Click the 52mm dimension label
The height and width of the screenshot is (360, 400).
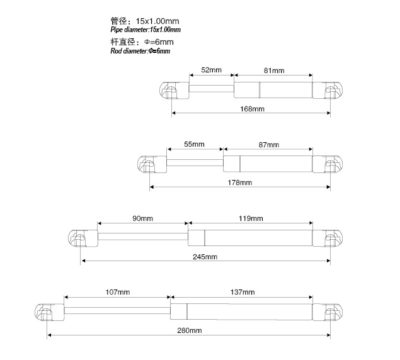click(211, 70)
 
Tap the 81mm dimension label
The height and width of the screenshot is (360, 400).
click(274, 70)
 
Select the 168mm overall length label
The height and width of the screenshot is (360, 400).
click(252, 109)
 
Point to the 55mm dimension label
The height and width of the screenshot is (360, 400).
click(194, 144)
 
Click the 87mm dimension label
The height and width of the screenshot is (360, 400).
click(268, 145)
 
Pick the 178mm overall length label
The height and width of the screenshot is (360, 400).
click(240, 183)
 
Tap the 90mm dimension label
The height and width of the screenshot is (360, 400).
click(142, 218)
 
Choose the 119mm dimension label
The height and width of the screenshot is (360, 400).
click(251, 218)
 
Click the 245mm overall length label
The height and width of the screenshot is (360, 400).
click(205, 257)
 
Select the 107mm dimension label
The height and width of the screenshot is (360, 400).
click(118, 292)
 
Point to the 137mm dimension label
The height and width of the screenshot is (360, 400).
click(243, 292)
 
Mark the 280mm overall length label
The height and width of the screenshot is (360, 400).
click(189, 330)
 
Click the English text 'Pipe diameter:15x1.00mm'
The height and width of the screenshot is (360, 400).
click(146, 30)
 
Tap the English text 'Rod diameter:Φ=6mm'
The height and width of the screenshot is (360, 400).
click(140, 51)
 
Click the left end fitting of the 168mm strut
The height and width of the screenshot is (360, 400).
click(174, 91)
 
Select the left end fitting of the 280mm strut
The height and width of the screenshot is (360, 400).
click(49, 312)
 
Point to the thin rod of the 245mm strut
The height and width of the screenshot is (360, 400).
click(143, 237)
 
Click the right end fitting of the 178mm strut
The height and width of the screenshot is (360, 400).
click(328, 164)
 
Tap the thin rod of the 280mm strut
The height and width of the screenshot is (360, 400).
click(117, 310)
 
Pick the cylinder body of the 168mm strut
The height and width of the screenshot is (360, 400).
click(273, 90)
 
